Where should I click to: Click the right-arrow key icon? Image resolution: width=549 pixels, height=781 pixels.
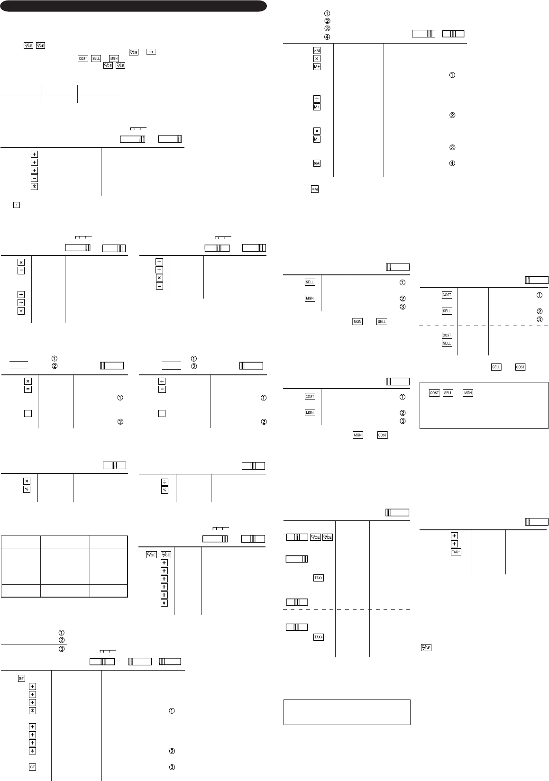point(151,52)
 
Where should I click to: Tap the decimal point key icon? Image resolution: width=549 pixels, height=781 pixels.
point(16,206)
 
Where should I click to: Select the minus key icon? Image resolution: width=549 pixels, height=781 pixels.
point(34,178)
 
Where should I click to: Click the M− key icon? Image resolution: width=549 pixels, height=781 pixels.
point(317,139)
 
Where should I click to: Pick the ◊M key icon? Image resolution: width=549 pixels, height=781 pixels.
point(317,163)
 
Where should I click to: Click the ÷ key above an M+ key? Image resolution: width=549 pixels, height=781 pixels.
point(317,99)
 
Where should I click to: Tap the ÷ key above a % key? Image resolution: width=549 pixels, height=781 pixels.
point(165,482)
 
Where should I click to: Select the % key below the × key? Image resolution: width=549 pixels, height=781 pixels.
point(27,489)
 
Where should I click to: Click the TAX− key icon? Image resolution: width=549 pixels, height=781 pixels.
point(455,552)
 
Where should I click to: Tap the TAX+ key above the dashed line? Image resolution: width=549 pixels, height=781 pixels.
point(318,578)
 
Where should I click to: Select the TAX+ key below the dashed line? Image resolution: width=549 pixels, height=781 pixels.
point(318,637)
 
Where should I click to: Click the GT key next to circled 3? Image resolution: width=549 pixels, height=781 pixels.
point(32,767)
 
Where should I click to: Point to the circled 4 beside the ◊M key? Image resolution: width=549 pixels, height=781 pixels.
point(452,163)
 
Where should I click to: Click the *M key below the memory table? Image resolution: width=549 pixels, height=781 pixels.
point(314,189)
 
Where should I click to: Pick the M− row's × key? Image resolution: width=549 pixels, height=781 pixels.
point(317,131)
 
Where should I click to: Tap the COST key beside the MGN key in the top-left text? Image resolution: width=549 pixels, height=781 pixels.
point(83,58)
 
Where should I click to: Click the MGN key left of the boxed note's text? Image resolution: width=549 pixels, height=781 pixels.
point(467,393)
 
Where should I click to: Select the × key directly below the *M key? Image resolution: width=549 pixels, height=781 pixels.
point(317,59)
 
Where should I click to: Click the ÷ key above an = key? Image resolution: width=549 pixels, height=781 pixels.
point(162,381)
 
